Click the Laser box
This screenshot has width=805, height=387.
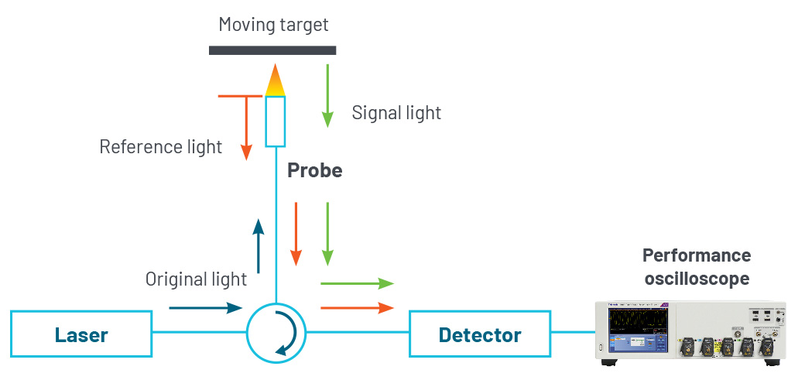(81, 334)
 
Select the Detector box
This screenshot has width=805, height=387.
(480, 334)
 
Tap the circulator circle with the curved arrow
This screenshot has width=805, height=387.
(276, 334)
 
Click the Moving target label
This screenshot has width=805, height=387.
(273, 25)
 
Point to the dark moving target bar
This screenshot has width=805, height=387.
(272, 50)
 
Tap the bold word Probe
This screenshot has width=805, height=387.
(314, 170)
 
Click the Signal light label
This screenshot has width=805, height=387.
(396, 113)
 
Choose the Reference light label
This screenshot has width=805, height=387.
(161, 146)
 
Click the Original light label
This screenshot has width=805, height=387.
(196, 279)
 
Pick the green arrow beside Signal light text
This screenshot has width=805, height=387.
(327, 95)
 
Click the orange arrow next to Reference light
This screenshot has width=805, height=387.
(246, 127)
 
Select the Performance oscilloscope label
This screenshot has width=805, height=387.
(697, 266)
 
